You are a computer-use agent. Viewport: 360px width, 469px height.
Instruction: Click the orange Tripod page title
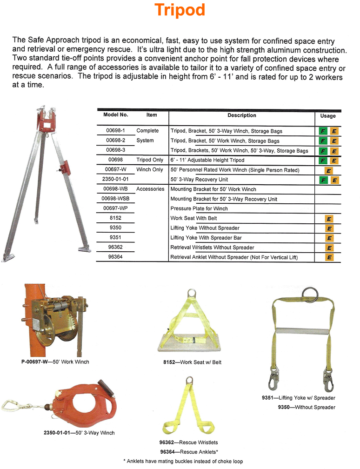[x=180, y=10]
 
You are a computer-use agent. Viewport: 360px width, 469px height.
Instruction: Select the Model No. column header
[x=116, y=115]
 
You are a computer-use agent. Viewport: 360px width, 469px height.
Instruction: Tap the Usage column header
[x=328, y=116]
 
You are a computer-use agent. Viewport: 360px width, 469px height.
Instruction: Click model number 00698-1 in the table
[x=116, y=131]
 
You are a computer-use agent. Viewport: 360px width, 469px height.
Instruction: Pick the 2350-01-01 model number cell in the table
[x=116, y=179]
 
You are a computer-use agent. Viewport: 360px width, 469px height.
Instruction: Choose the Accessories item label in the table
[x=150, y=189]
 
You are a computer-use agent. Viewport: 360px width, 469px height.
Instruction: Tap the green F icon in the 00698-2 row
[x=322, y=141]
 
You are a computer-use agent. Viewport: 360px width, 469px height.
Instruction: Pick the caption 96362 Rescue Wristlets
[x=189, y=442]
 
